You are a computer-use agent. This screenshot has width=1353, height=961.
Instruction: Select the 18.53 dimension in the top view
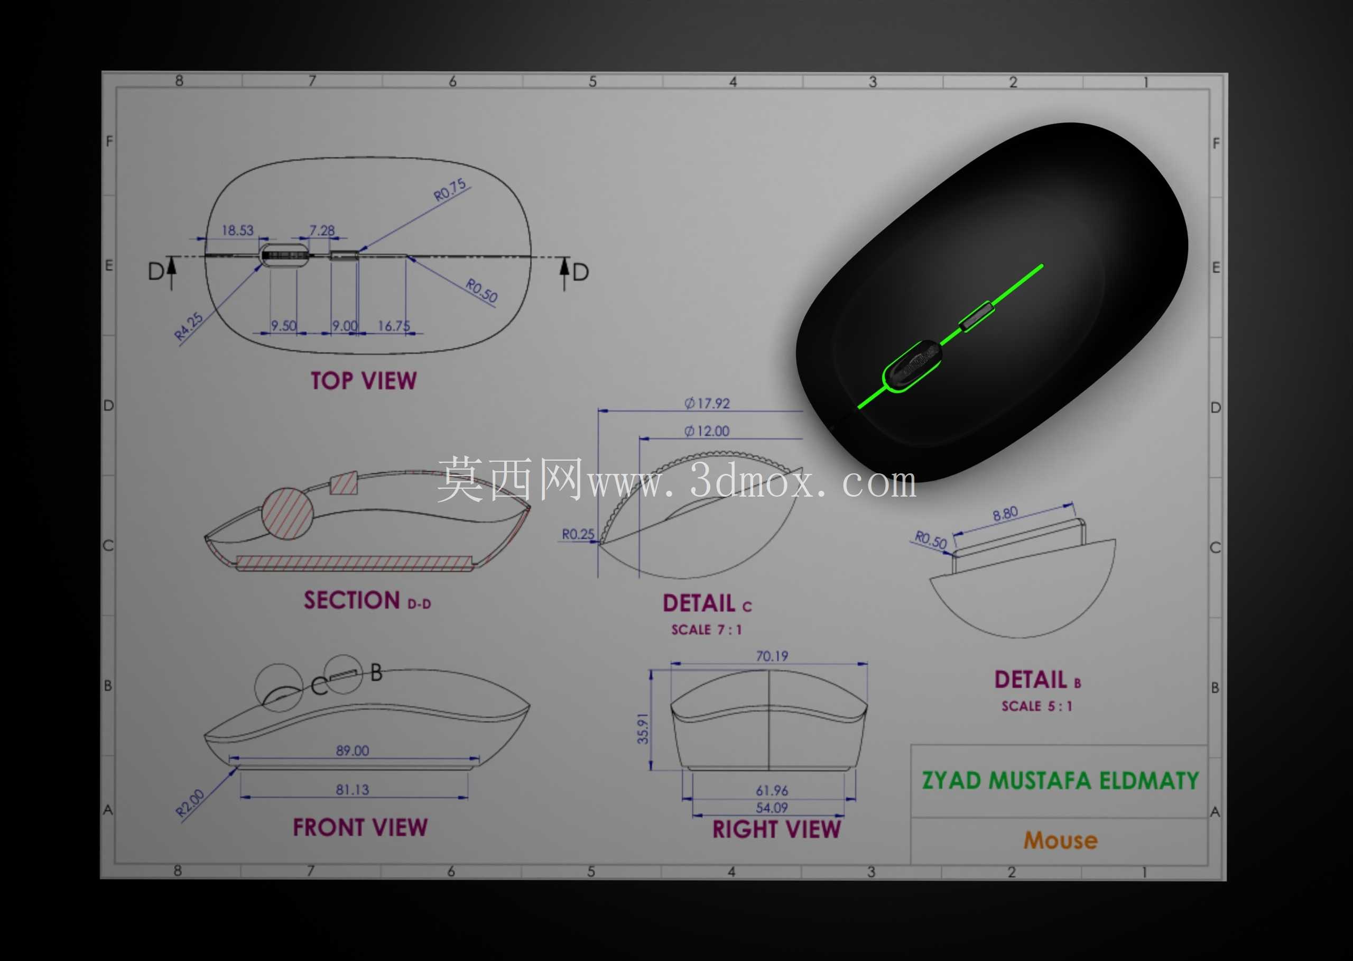point(238,230)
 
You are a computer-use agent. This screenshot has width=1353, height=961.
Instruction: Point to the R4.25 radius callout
point(189,327)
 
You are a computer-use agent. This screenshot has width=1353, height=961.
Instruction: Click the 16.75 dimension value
point(394,326)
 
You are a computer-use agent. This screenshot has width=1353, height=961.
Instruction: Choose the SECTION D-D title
point(367,601)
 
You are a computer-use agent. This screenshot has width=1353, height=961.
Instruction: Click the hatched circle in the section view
point(287,514)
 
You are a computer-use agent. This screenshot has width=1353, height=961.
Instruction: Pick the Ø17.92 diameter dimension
point(707,404)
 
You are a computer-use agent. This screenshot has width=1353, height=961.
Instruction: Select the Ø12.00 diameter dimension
point(707,432)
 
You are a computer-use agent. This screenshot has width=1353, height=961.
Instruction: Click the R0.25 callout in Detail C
point(578,534)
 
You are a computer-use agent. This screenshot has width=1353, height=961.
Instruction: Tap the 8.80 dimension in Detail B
point(1005,514)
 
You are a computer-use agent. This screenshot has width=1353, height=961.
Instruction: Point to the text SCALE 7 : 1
point(706,629)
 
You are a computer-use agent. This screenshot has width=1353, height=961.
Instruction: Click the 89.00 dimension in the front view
point(353,751)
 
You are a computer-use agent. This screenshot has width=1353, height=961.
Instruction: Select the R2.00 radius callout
point(190,803)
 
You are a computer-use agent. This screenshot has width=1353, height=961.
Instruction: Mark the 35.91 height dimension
point(643,728)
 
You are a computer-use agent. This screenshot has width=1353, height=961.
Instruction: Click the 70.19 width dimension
point(772,656)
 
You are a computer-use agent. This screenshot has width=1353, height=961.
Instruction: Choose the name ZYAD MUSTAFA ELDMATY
point(1060,781)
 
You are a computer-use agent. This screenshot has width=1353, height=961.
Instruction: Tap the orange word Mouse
point(1061,841)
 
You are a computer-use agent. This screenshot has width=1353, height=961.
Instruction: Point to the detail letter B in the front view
point(377,673)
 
